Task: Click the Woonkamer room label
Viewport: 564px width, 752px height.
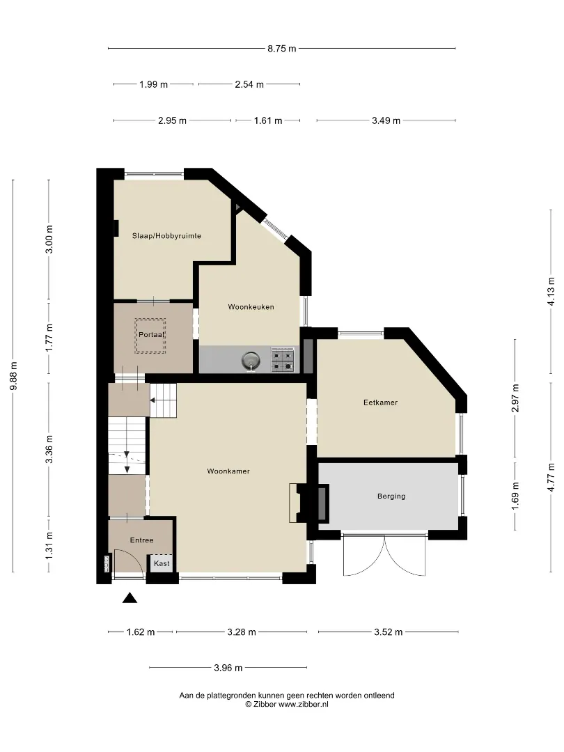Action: pos(228,471)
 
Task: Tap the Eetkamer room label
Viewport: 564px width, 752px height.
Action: pos(380,402)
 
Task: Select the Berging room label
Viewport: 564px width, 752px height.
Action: pos(391,496)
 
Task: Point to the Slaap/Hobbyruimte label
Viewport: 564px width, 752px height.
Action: pos(166,236)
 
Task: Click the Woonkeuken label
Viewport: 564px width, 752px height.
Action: pos(251,307)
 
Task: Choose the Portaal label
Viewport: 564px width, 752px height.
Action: pos(150,335)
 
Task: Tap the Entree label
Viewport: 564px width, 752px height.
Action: pos(142,540)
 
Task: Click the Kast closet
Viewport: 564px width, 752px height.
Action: pos(162,563)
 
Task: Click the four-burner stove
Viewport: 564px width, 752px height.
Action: pos(283,360)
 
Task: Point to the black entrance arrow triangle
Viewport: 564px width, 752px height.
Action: pos(130,597)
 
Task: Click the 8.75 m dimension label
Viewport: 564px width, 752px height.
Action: pos(282,48)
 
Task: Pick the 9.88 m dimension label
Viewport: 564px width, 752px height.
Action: pos(14,375)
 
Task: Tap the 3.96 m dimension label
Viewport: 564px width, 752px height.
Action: pos(228,668)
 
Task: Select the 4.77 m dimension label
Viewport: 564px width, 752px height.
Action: pos(551,477)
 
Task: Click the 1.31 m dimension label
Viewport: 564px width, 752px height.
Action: pos(49,546)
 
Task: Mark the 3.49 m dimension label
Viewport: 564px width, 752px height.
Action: pos(386,121)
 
